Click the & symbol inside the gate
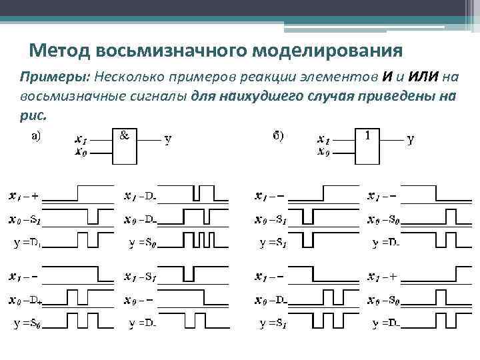click(124, 135)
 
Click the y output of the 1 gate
click(411, 140)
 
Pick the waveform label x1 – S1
click(141, 276)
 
